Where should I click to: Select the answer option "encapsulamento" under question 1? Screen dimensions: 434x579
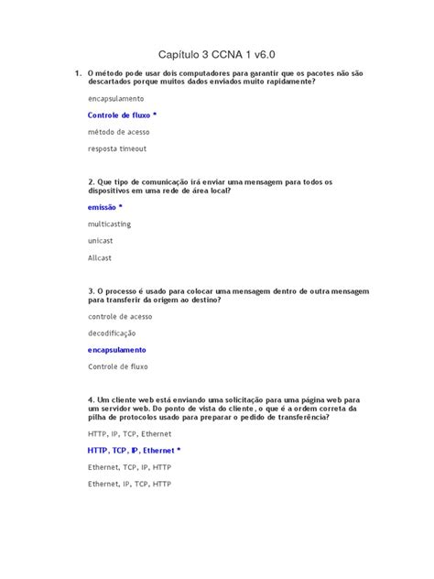click(x=115, y=98)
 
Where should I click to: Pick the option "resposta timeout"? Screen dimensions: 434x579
click(x=117, y=148)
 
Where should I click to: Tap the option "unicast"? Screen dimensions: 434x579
click(x=101, y=240)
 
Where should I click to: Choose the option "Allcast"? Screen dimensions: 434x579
click(x=100, y=257)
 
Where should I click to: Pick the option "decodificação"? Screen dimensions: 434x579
click(x=112, y=333)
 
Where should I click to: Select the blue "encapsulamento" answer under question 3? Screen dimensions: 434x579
click(x=117, y=350)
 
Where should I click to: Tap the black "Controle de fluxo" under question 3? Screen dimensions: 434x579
click(x=118, y=366)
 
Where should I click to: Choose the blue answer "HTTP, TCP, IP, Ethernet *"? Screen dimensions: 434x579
click(x=135, y=450)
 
